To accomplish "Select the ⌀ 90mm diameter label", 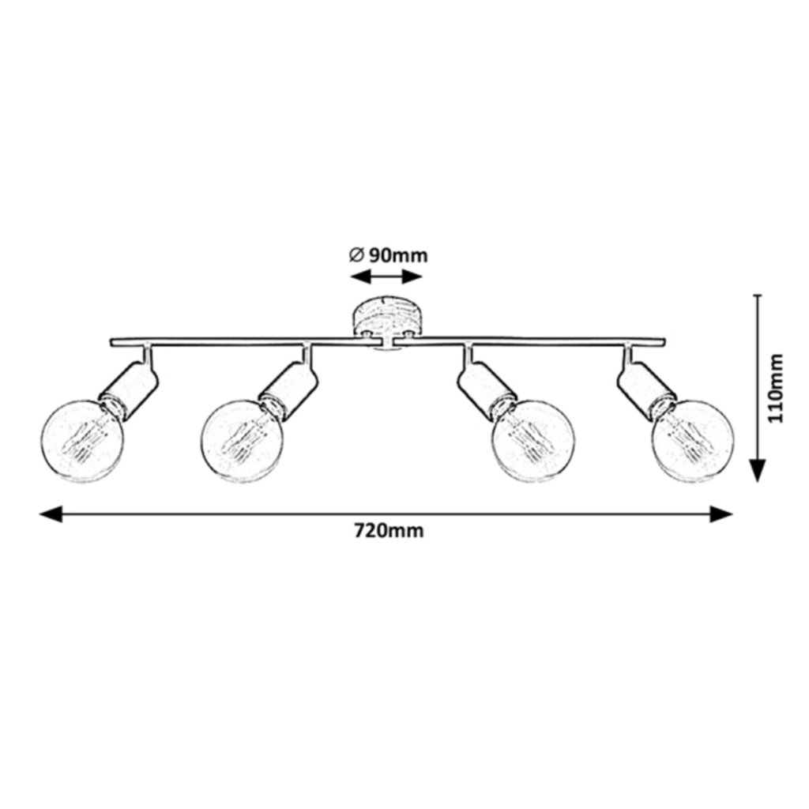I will pos(387,255).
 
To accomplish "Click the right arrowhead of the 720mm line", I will pos(722,515).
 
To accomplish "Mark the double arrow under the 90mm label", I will pos(387,277).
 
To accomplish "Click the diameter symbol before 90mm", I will pos(356,255).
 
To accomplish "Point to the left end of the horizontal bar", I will pos(111,342).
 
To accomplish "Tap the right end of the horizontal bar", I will pos(663,342).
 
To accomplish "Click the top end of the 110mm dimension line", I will pos(758,295).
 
